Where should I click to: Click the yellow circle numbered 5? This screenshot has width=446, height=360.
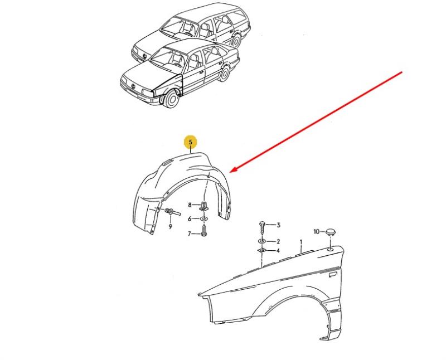pos(191,142)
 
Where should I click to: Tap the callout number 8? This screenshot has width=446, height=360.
pos(190,205)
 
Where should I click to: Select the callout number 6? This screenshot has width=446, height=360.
pos(190,218)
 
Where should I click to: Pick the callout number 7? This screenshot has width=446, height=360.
pos(190,234)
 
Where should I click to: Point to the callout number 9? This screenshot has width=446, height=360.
pos(171,227)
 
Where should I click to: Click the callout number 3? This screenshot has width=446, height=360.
pos(278,225)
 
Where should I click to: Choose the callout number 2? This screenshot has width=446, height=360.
pos(278,241)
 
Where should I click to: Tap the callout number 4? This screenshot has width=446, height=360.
pos(278,251)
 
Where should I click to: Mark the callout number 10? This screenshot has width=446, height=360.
pos(317,232)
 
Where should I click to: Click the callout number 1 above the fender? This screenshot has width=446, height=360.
pos(300,242)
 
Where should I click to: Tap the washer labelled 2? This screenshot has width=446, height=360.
pos(262,241)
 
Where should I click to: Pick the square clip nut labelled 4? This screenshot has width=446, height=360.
pos(261,251)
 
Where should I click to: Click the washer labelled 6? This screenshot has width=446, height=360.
pos(203,218)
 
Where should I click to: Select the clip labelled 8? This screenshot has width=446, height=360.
pos(204,205)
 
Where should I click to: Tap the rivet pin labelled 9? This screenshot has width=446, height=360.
pos(173,212)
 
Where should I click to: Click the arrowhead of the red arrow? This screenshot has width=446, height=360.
pos(232,170)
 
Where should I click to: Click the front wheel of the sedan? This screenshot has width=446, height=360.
pos(171,99)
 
